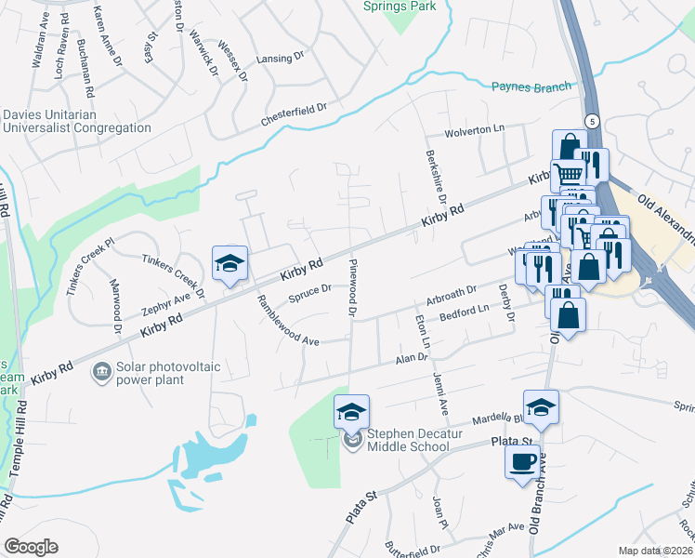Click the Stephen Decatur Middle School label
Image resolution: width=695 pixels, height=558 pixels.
tap(408, 440)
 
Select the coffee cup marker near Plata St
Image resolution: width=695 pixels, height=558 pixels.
tap(523, 461)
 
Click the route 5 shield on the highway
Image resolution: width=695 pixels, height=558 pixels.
tap(591, 121)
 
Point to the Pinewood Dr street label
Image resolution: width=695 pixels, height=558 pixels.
tap(353, 289)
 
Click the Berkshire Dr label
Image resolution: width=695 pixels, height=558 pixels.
tap(435, 178)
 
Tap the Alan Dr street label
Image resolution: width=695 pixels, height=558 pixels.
tap(410, 359)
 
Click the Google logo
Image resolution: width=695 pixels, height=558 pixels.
tap(31, 547)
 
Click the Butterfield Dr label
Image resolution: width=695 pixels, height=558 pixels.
tap(412, 550)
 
